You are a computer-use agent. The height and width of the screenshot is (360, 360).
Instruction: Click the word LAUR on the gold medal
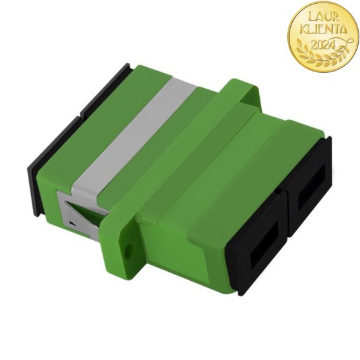coord(323,17)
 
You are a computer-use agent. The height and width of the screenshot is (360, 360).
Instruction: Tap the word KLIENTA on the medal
coord(324,30)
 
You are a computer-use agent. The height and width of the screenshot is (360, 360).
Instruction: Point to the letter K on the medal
coord(304,30)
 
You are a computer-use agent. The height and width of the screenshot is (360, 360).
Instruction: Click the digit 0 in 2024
coord(320,44)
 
